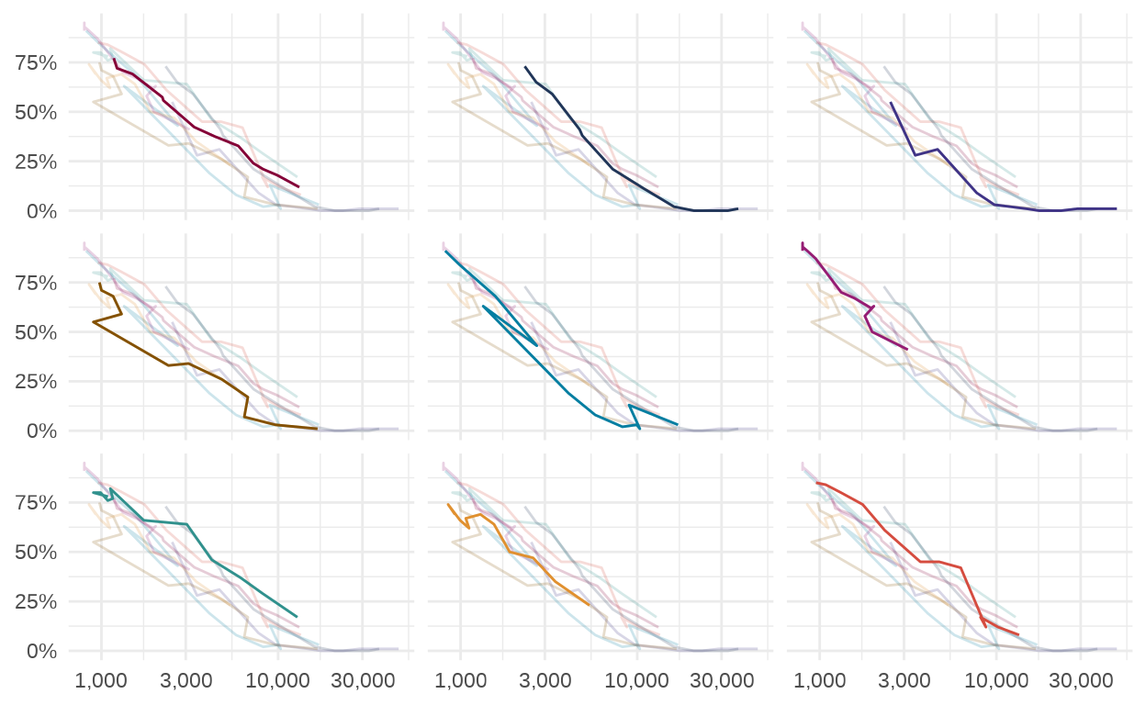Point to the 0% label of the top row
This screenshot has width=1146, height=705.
[x=42, y=211]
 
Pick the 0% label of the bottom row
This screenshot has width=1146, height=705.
[x=42, y=651]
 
